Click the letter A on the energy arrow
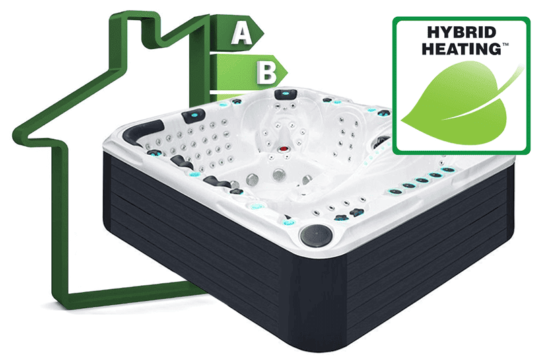242,33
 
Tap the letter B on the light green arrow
267,73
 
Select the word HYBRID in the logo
462,32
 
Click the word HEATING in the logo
462,48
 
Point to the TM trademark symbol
506,44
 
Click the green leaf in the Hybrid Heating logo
456,104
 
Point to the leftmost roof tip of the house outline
17,136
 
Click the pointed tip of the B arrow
287,73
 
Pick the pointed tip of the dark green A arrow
263,33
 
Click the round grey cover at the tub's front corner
316,235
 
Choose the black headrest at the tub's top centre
285,94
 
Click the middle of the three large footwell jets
279,174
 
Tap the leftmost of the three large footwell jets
252,179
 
